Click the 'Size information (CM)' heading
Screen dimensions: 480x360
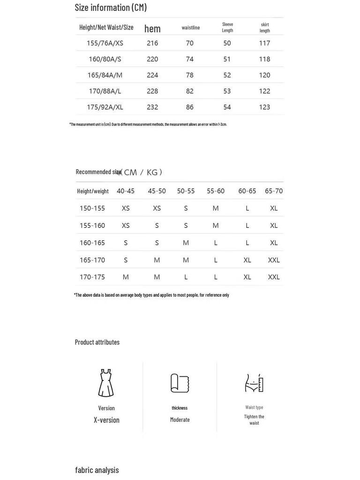(111, 7)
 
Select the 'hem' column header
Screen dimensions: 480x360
(152, 29)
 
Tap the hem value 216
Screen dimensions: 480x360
(152, 43)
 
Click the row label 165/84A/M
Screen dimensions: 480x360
(105, 75)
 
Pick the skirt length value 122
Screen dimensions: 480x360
(264, 91)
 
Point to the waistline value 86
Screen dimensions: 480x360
(189, 107)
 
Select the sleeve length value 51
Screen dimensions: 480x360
(227, 59)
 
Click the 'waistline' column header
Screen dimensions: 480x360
(191, 28)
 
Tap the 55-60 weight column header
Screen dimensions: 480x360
(216, 191)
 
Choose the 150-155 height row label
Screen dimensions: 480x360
(92, 208)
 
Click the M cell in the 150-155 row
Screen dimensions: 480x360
(216, 208)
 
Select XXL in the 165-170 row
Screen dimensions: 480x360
(274, 260)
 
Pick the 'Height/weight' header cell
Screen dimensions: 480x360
(93, 191)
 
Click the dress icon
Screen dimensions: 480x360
(106, 383)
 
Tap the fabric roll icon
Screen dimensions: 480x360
(180, 383)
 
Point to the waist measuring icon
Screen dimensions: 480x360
(254, 383)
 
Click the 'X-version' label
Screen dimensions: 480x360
(106, 420)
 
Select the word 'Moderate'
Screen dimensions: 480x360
(180, 420)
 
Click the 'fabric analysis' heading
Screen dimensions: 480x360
(97, 470)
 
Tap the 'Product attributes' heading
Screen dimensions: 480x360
(97, 342)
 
